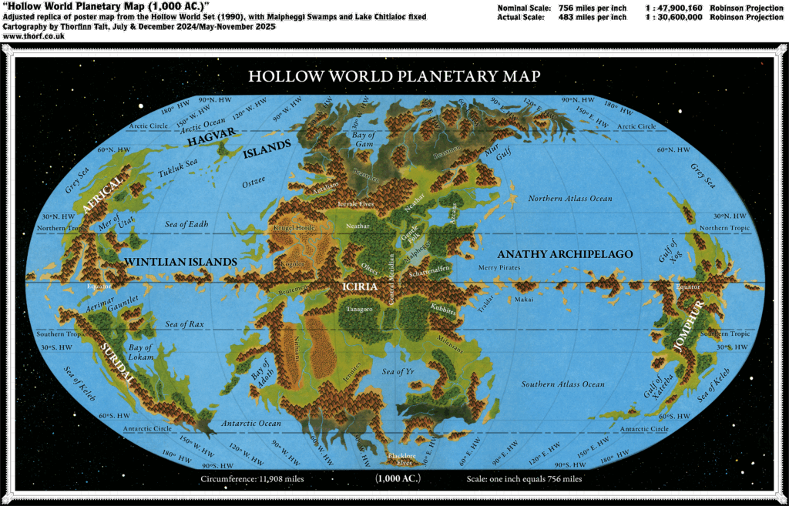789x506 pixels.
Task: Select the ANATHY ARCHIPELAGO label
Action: (565, 254)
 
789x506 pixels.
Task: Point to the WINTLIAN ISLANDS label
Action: (180, 262)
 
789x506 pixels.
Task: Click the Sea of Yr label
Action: (398, 372)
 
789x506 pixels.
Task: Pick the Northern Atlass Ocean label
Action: (570, 199)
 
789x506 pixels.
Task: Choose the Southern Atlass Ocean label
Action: (562, 384)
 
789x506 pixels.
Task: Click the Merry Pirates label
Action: (499, 267)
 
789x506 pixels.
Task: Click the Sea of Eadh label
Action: (186, 224)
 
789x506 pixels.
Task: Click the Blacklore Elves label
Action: (400, 459)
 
